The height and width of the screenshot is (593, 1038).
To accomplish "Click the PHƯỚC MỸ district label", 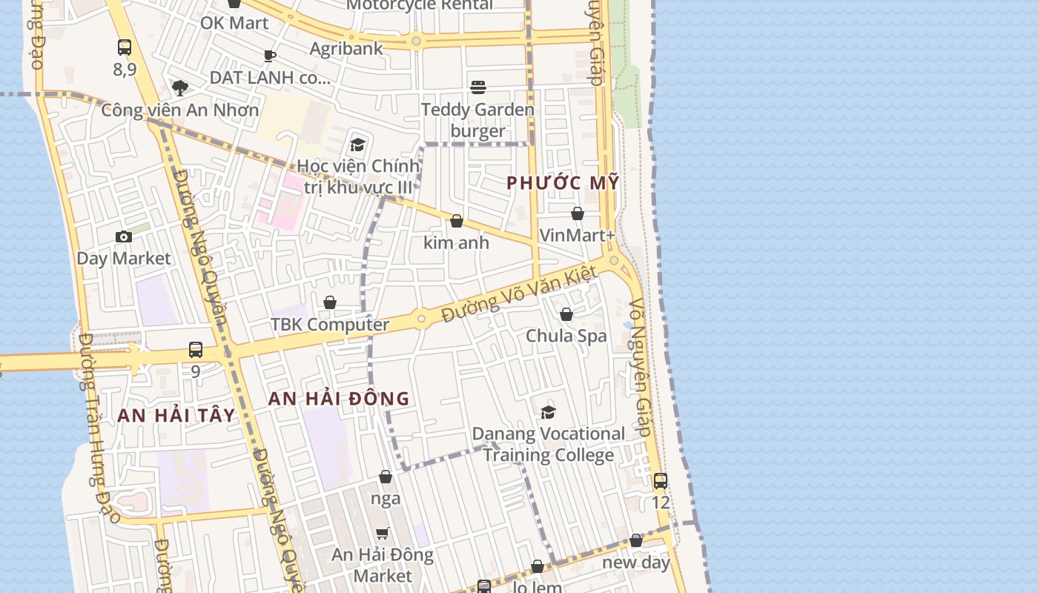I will tap(562, 183).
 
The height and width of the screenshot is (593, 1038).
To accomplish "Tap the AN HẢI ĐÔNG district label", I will tap(338, 399).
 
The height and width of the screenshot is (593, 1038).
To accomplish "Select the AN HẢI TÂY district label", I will tap(176, 415).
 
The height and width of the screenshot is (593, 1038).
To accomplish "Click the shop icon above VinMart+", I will tap(578, 213).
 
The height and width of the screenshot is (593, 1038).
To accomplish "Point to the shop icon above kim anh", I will tap(457, 221).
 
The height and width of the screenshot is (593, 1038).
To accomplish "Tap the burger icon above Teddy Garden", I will tap(478, 87).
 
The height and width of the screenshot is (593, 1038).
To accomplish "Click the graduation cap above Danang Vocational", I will tap(549, 412).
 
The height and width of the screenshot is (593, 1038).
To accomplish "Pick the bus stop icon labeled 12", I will tap(660, 480).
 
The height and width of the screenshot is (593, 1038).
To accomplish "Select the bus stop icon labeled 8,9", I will tap(125, 47).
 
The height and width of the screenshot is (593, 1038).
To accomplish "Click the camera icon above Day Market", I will tap(124, 237).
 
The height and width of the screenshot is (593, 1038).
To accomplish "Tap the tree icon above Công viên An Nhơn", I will tap(179, 88).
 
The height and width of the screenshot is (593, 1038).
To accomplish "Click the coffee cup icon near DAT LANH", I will tap(270, 56).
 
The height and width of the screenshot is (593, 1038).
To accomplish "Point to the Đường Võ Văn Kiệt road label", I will tap(519, 294).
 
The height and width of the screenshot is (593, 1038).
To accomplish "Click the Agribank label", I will tap(346, 49).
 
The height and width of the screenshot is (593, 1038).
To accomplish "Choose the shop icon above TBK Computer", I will tap(330, 302).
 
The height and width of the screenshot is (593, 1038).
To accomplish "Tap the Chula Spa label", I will tap(566, 336).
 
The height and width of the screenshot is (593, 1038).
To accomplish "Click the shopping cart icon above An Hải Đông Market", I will tap(383, 533).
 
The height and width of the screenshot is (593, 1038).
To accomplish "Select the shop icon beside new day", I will tap(636, 540).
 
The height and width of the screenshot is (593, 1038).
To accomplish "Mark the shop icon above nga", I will tap(386, 477).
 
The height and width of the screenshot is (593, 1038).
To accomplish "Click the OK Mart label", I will tap(234, 23).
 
